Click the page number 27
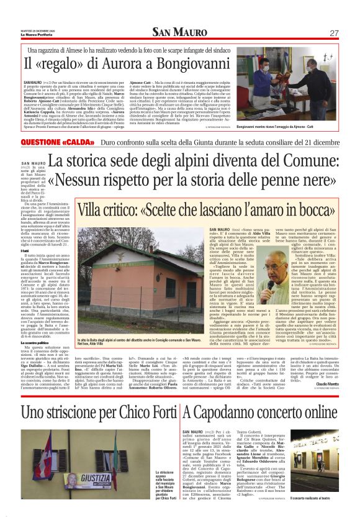334,32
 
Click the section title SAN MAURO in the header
179,32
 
